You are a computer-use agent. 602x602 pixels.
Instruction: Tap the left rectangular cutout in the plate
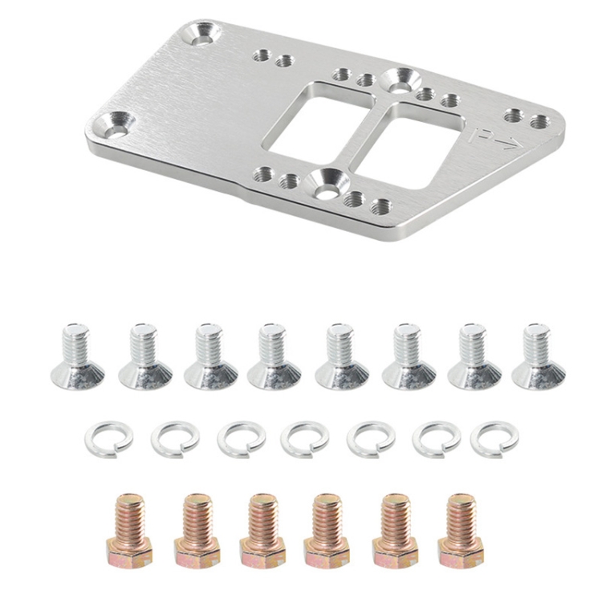(318, 122)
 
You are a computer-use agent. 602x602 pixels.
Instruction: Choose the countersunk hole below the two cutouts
(327, 183)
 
